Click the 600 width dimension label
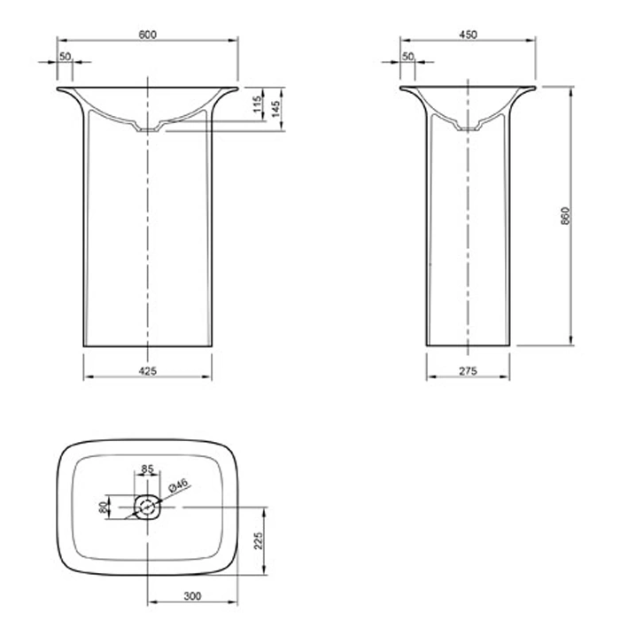pos(148,35)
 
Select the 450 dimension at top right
pos(469,35)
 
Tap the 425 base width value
pos(148,371)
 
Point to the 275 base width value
pos(469,371)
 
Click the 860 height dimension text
pos(565,216)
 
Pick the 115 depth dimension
pos(257,104)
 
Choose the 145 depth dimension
pos(275,108)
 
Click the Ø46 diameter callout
pos(179,484)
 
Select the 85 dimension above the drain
pos(147,469)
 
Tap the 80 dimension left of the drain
pos(103,507)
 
